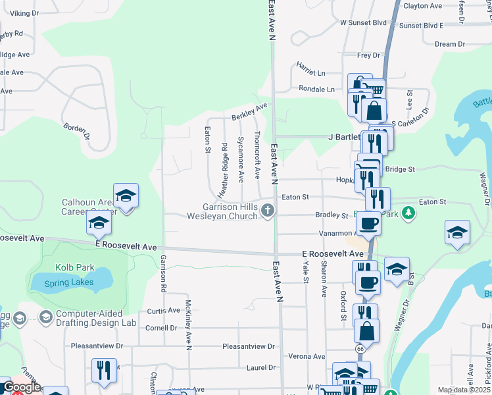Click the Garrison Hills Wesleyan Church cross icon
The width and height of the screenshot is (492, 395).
(x=267, y=211)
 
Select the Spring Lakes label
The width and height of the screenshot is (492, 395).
(x=68, y=282)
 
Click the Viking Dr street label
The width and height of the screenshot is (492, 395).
(x=24, y=13)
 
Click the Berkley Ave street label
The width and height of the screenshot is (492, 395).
(x=249, y=111)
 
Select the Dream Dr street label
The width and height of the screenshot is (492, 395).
(x=450, y=44)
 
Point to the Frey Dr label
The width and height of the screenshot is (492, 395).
(x=368, y=56)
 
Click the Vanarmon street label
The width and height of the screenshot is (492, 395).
(x=335, y=233)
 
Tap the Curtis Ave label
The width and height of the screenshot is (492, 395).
(x=163, y=311)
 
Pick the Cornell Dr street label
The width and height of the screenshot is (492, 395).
(x=161, y=328)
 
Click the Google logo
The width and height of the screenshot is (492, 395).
(x=21, y=388)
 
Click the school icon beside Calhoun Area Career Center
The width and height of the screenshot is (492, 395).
(x=125, y=196)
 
